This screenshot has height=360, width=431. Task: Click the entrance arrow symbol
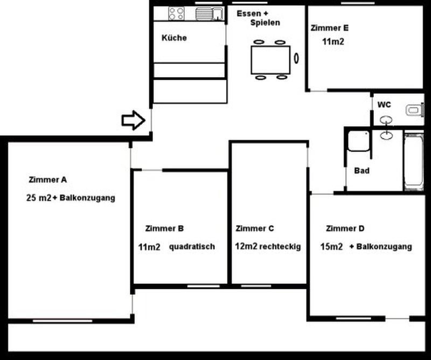coord(133,120)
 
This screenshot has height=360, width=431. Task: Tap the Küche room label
coord(174,38)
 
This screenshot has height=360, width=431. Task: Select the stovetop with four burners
coord(176,13)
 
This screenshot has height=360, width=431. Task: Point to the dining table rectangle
coord(270,60)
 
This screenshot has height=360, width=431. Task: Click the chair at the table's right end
coord(296,58)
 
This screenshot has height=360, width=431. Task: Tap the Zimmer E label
coord(330,28)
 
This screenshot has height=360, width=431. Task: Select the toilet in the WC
coord(414,110)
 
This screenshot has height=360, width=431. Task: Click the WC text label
coord(384,105)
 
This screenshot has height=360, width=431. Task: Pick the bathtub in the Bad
coord(414,162)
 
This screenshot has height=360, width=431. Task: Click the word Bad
coord(362,170)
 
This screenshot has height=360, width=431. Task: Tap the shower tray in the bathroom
coord(358,141)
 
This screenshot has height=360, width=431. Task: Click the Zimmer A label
coord(47,180)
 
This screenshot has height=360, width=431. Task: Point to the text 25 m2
coord(38,198)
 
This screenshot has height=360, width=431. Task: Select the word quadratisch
coord(192,247)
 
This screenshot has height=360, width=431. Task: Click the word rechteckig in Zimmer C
coord(280,246)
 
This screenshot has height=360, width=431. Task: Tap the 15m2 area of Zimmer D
coord(331,246)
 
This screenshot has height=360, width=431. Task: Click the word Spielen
coord(265,23)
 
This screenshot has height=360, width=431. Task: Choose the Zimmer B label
coord(164,229)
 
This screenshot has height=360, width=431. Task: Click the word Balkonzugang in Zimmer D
coord(384,247)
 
